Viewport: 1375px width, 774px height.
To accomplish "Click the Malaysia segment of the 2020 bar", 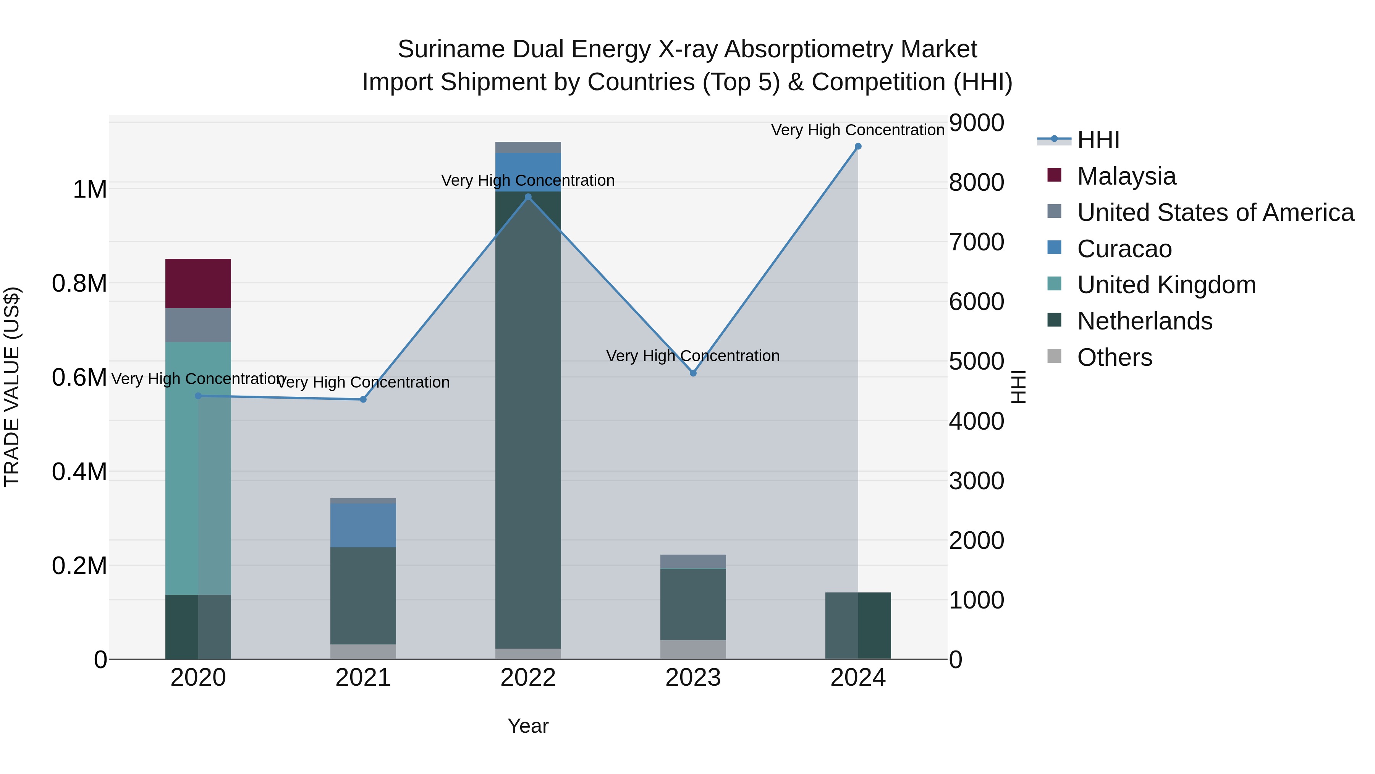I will (x=198, y=283).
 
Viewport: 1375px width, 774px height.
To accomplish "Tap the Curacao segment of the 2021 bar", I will (x=363, y=525).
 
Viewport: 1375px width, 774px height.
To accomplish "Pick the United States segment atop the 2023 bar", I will (x=693, y=561).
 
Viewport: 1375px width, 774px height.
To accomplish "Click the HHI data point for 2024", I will (x=858, y=146).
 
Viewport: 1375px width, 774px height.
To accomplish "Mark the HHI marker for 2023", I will (x=693, y=373).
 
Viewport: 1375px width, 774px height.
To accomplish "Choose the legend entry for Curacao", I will (x=1124, y=249).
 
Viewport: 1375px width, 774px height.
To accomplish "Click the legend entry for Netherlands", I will (x=1144, y=321).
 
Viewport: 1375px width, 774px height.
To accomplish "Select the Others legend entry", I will (x=1114, y=357).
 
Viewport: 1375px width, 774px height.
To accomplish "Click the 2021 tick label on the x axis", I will (x=363, y=678).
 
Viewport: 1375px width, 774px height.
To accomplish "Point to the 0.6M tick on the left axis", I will (x=79, y=378).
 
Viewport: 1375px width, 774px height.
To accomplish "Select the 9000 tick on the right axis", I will (x=976, y=123).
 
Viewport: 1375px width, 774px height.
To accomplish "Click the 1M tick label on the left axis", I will (x=90, y=190).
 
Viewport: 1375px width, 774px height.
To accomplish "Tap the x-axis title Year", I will (x=528, y=726).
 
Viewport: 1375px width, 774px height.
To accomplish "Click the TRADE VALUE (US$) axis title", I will (x=12, y=387).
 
